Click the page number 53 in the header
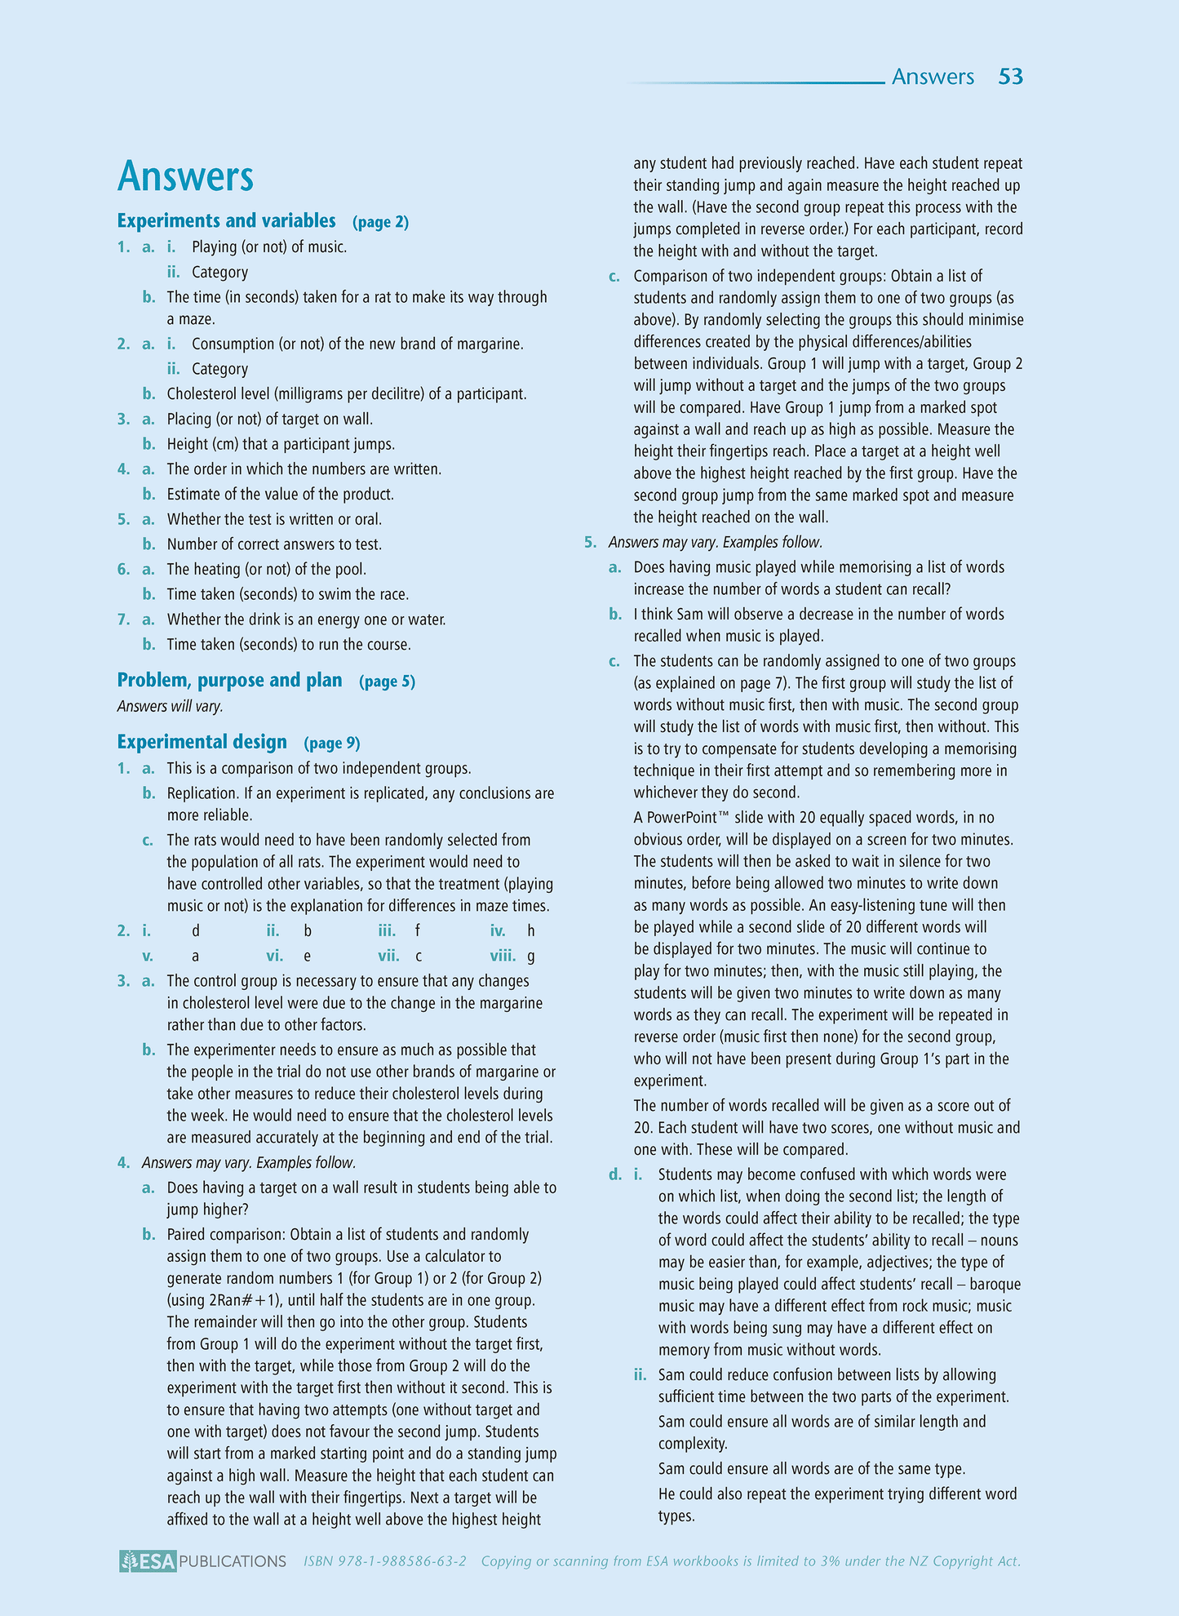[x=1010, y=77]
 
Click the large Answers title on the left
[x=185, y=176]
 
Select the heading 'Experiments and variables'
[x=226, y=220]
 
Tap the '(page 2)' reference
[x=380, y=222]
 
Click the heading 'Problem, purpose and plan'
[x=229, y=680]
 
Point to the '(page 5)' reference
[x=387, y=681]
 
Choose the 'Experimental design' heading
[x=202, y=741]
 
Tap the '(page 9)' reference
[x=331, y=743]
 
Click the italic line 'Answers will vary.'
[x=170, y=706]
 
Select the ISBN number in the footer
[x=384, y=1561]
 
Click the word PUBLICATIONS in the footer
[x=233, y=1561]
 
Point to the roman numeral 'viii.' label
[x=503, y=956]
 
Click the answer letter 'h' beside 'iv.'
[x=531, y=930]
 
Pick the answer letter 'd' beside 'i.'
[x=195, y=930]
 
